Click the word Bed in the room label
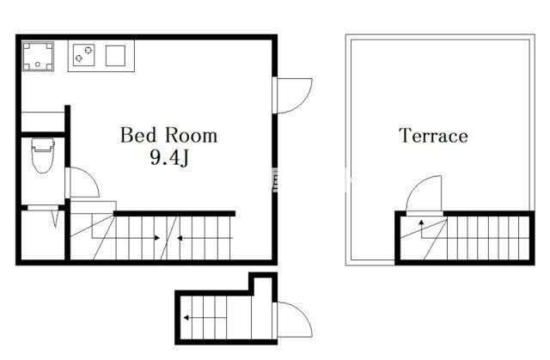pos(137,135)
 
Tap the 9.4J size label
pos(169,157)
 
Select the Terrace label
pos(433,136)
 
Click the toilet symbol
pos(43,156)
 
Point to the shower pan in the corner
pos(38,56)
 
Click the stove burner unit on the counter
pos(84,55)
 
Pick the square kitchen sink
pos(115,55)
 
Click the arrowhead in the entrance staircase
pos(186,318)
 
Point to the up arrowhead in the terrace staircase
pos(421,222)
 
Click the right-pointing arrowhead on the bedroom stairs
pos(157,238)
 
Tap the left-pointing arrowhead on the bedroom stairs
pos(180,238)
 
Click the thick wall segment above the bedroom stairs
pos(174,214)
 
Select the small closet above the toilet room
pos(43,121)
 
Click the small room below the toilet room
pos(43,235)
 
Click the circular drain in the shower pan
pos(38,64)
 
